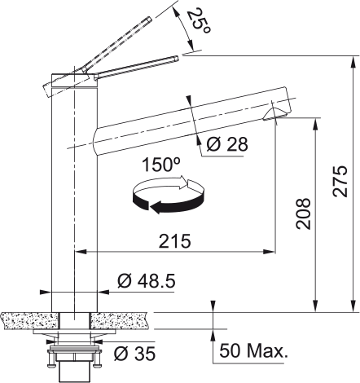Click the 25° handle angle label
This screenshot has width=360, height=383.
pos(199,22)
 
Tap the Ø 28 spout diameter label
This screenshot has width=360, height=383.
pos(227,144)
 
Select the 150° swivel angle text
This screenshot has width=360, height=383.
pos(161,165)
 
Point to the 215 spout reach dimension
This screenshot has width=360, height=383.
pos(175,241)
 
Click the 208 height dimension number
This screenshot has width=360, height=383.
pos(303,214)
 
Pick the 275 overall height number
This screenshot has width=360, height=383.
pos(340,181)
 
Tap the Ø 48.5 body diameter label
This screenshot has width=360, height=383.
pos(147,280)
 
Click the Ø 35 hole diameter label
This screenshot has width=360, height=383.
pos(135,354)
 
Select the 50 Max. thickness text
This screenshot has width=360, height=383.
pos(253,350)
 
